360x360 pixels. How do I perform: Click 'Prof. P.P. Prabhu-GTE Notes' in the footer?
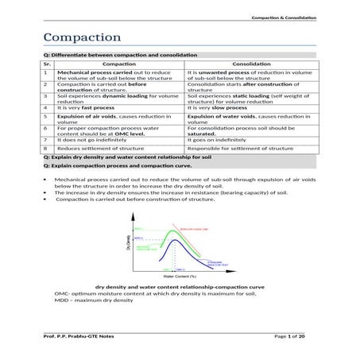(x=80, y=337)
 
